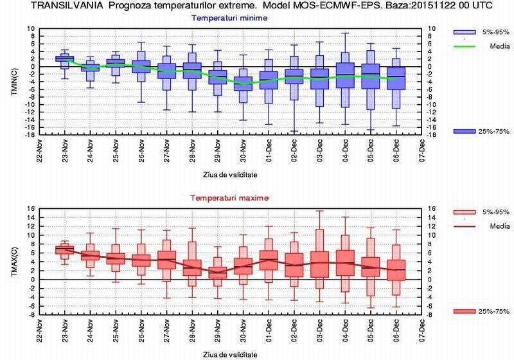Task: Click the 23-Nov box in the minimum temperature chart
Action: coord(65,59)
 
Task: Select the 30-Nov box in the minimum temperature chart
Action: coord(243,83)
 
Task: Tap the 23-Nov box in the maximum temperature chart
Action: coord(65,249)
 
